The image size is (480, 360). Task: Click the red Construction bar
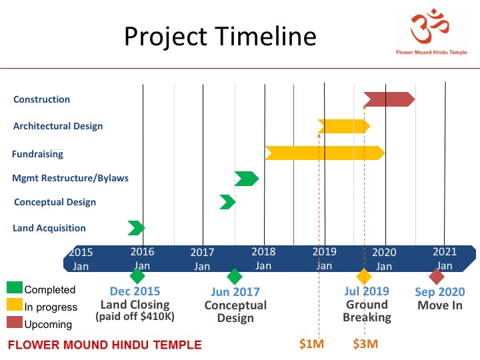pyautogui.click(x=389, y=99)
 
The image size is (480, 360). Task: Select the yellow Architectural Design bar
pyautogui.click(x=344, y=126)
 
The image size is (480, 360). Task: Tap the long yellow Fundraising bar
pyautogui.click(x=325, y=153)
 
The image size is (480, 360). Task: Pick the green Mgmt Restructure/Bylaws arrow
pyautogui.click(x=247, y=179)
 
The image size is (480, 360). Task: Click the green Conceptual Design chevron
pyautogui.click(x=228, y=202)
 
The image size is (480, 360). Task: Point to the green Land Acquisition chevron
pyautogui.click(x=136, y=228)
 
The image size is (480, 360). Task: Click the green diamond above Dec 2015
pyautogui.click(x=137, y=276)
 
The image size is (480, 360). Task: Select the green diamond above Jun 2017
pyautogui.click(x=235, y=277)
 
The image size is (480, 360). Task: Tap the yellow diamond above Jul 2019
pyautogui.click(x=364, y=277)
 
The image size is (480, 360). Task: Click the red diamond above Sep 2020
pyautogui.click(x=437, y=277)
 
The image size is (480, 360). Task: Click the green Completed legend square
pyautogui.click(x=15, y=287)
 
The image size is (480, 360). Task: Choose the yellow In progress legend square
pyautogui.click(x=15, y=305)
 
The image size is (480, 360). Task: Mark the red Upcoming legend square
pyautogui.click(x=15, y=322)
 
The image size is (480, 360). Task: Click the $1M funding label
pyautogui.click(x=311, y=344)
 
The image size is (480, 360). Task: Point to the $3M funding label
pyautogui.click(x=365, y=344)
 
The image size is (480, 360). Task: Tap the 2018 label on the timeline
pyautogui.click(x=263, y=251)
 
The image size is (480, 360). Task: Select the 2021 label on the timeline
pyautogui.click(x=445, y=251)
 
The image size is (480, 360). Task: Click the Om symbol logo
pyautogui.click(x=429, y=26)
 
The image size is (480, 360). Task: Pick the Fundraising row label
pyautogui.click(x=37, y=154)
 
